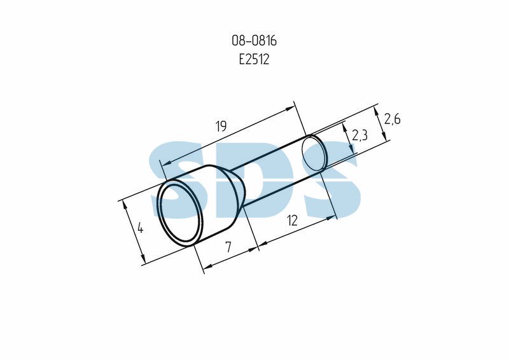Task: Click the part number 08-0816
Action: pos(254,41)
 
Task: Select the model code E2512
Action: pos(254,59)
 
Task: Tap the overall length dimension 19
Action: pos(221,126)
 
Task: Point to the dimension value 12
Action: pos(293,221)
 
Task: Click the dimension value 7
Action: pos(228,247)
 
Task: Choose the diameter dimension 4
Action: pos(140,228)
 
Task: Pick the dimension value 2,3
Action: pos(359,135)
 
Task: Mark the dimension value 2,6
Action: pos(392,119)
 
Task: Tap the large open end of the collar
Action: pos(180,214)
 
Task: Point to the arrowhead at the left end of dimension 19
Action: pos(166,163)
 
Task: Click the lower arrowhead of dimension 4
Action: pos(142,258)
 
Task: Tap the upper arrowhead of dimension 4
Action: pos(123,205)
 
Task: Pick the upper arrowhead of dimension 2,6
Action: pos(376,112)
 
